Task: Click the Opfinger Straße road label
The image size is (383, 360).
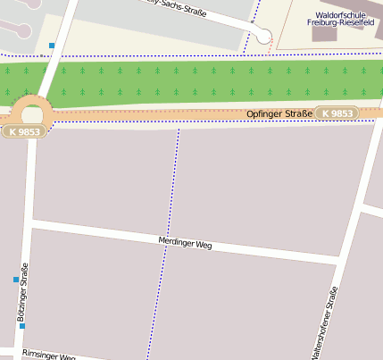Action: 279,113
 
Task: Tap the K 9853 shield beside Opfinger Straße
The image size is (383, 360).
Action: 337,113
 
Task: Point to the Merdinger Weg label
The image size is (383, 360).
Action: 185,242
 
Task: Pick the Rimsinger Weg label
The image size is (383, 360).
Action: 48,355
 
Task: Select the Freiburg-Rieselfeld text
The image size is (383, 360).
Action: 344,22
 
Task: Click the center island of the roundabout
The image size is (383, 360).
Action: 32,113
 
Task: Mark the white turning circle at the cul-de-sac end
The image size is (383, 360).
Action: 263,36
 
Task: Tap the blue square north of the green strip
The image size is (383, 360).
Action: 52,46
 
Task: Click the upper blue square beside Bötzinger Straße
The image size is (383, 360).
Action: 15,280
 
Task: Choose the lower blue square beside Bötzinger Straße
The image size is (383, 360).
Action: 22,326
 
